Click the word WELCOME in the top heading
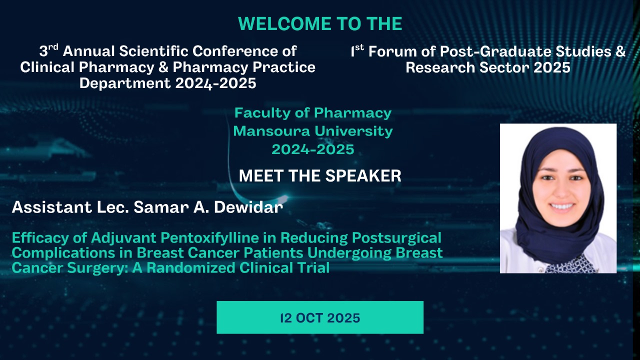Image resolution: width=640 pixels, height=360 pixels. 284,23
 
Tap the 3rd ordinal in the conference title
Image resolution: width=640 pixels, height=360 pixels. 49,50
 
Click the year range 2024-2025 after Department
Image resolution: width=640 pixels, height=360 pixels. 215,83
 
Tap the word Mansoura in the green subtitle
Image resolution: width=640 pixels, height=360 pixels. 271,131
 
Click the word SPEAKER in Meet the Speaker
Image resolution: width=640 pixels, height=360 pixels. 363,175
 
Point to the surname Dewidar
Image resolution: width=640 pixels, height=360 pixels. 248,207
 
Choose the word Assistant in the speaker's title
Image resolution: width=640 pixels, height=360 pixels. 51,207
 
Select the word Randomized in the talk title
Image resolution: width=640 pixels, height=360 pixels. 191,268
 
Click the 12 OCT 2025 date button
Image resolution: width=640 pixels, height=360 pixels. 320,317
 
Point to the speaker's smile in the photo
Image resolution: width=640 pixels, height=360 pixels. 561,206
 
